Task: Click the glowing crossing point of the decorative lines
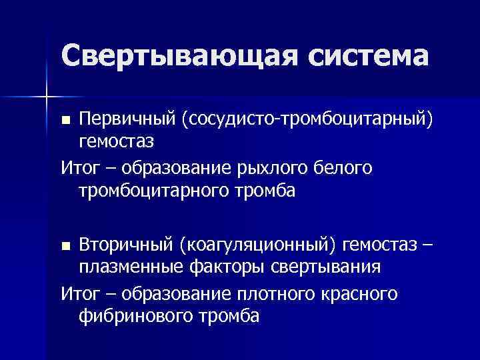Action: tap(46, 97)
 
